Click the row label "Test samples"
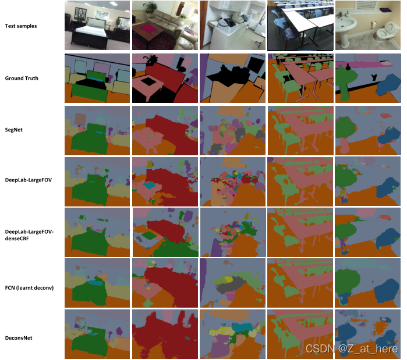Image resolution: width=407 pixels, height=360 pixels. click(x=22, y=26)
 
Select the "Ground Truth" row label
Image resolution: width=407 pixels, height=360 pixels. click(x=22, y=78)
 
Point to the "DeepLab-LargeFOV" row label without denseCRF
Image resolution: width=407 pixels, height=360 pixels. click(x=29, y=180)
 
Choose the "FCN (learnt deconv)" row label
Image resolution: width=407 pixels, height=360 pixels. click(x=29, y=287)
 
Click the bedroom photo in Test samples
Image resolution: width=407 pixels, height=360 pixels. click(x=97, y=26)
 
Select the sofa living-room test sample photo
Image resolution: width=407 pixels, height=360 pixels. click(x=164, y=26)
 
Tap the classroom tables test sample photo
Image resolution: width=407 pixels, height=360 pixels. click(x=300, y=26)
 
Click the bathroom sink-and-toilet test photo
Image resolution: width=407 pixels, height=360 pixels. click(x=367, y=26)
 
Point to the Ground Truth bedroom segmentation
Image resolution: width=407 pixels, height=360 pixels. click(x=97, y=78)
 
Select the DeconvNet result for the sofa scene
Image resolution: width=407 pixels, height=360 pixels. click(x=164, y=334)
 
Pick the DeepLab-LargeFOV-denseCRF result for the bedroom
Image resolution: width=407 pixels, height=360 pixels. click(x=97, y=232)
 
